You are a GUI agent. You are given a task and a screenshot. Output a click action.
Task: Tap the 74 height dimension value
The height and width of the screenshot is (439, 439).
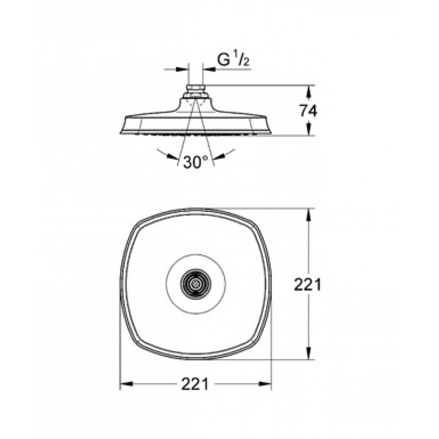point(309,111)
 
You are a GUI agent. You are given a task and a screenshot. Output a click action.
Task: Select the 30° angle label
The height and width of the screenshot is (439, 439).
point(196,162)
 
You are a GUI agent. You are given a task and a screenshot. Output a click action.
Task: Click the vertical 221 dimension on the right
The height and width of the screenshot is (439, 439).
point(307,285)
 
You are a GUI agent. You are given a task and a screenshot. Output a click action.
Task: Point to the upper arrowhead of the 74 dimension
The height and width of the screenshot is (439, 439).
point(309,92)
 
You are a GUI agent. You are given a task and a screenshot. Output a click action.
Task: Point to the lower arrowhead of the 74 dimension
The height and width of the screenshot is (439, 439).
point(309,128)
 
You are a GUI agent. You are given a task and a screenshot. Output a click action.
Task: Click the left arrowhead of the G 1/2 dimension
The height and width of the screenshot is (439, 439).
point(181,69)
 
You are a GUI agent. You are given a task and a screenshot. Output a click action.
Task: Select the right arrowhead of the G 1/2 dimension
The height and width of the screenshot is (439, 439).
point(209,69)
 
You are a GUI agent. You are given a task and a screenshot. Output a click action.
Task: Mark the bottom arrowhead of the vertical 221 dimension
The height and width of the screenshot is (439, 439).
point(309,353)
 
